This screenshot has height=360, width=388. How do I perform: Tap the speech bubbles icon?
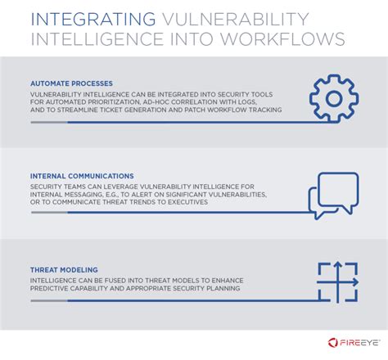(x=332, y=196)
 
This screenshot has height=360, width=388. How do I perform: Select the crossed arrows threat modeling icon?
(x=336, y=283)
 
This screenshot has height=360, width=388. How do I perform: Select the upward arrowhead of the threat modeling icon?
(x=336, y=265)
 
